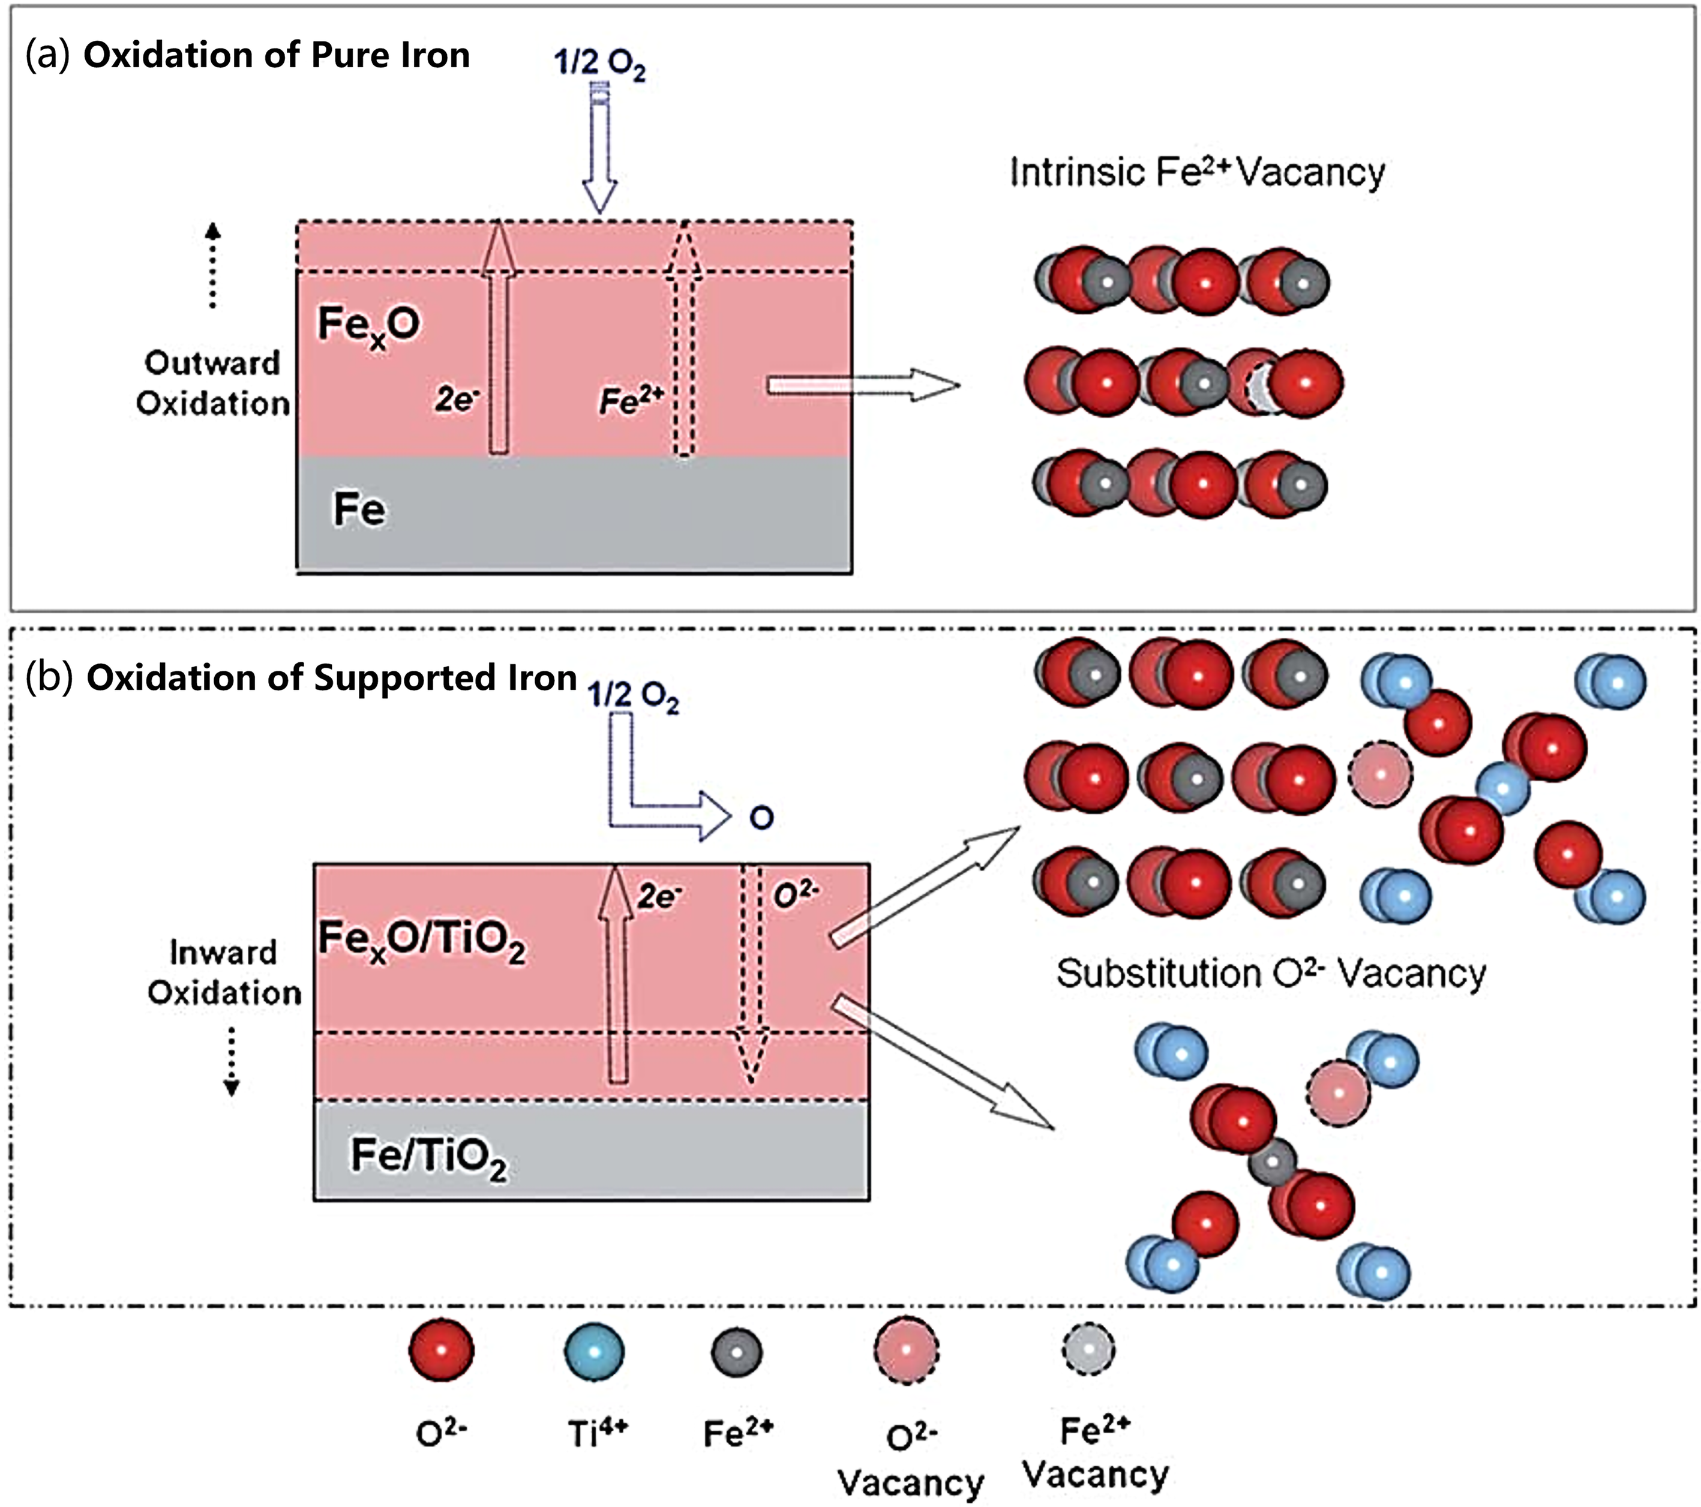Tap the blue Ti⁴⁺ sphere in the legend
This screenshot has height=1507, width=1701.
593,1352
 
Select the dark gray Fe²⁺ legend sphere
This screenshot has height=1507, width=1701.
736,1352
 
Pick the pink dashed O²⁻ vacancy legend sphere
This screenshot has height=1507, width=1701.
906,1350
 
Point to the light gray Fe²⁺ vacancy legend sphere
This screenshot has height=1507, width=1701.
1088,1348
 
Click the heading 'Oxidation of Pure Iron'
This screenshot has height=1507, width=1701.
276,55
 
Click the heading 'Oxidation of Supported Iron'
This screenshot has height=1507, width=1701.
331,677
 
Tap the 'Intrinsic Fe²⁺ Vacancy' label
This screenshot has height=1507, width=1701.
1196,172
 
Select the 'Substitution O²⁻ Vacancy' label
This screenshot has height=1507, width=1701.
1271,972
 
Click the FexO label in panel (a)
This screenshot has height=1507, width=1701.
368,325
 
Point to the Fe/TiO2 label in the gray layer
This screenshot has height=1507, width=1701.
428,1156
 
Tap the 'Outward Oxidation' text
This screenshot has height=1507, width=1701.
212,383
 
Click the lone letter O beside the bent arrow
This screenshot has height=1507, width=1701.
761,817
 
